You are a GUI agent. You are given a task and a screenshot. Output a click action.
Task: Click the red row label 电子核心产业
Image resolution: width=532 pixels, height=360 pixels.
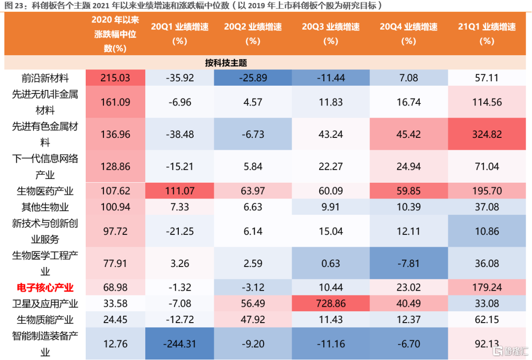(x=45, y=287)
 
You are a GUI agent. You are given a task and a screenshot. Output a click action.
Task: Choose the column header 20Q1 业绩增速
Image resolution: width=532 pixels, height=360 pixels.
(x=179, y=33)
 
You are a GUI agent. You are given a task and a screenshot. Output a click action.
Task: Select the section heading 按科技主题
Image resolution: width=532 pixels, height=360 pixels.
(x=226, y=63)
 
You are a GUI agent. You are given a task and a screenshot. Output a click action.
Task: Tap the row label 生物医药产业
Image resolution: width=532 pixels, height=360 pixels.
(x=45, y=191)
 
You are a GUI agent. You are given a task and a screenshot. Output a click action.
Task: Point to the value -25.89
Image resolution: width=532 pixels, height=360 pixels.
(x=253, y=78)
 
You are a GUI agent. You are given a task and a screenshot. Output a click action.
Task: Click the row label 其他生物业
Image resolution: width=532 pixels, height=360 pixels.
(x=45, y=206)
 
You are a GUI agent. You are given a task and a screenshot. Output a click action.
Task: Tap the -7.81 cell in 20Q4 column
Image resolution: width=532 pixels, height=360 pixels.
(x=408, y=263)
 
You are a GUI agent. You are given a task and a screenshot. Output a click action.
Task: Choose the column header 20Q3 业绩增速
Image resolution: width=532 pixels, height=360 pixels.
(x=331, y=33)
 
